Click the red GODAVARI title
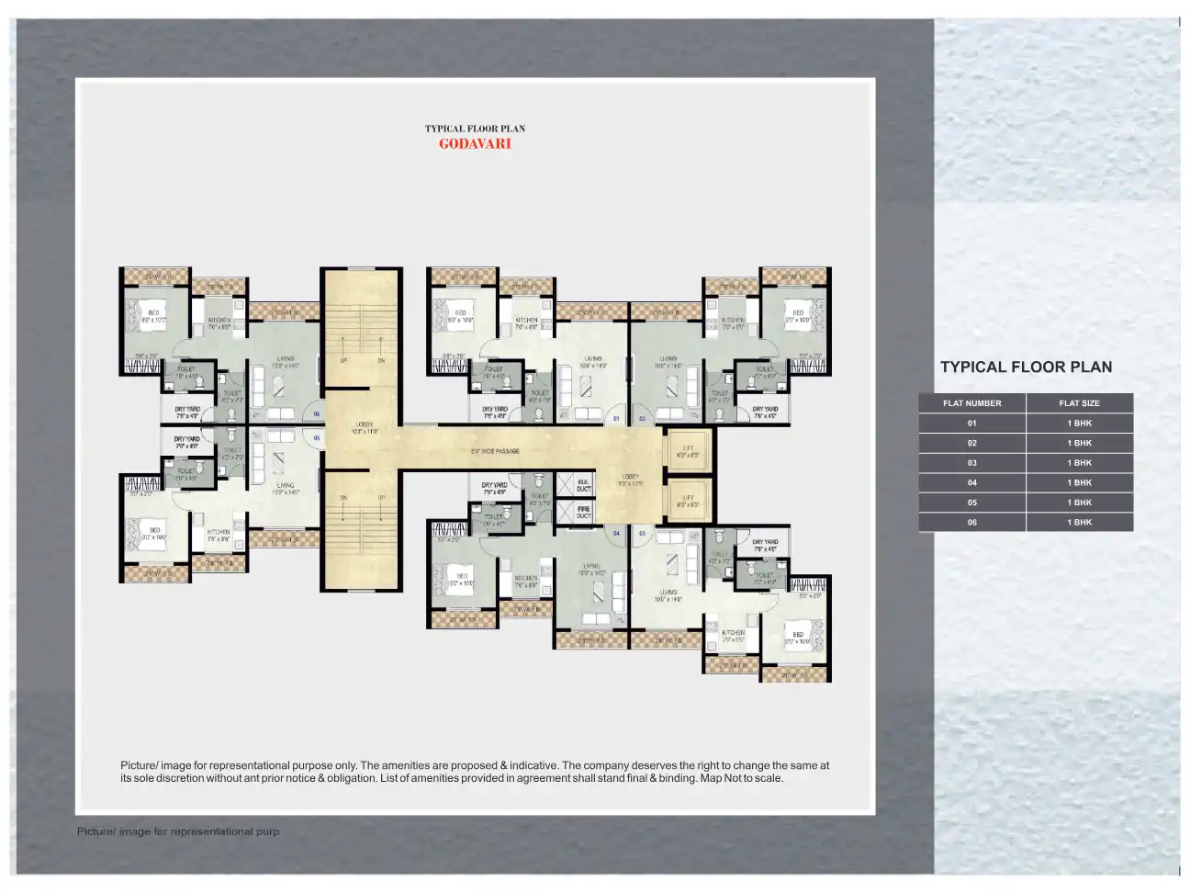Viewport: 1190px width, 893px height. click(474, 143)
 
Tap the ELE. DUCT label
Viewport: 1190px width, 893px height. click(584, 485)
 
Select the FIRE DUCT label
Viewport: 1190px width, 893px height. click(584, 512)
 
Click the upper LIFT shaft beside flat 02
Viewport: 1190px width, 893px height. click(688, 451)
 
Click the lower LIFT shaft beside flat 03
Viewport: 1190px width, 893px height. click(688, 501)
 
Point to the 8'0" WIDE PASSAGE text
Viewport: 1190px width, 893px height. click(495, 451)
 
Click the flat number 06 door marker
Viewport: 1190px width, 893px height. click(317, 414)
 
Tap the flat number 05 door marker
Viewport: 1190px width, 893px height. click(317, 438)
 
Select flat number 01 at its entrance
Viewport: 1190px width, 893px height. click(616, 419)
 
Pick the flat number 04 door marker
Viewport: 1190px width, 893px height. click(616, 533)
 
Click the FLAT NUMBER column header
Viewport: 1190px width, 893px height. click(971, 403)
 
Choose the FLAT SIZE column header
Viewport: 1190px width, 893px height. click(1079, 403)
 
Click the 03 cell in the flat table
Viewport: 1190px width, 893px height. click(971, 463)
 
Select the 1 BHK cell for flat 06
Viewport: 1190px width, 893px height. click(1079, 522)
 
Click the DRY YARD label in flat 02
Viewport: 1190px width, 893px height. click(764, 413)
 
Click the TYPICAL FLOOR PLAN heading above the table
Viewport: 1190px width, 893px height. click(1026, 367)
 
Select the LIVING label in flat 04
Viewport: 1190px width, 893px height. click(590, 570)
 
